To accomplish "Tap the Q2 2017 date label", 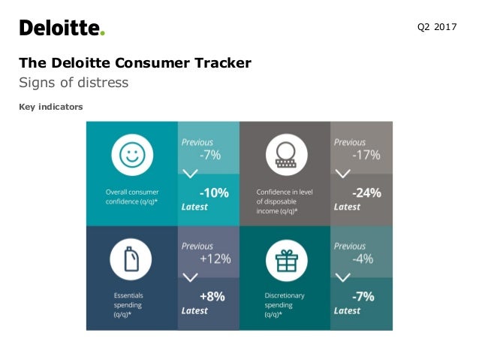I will [x=436, y=28].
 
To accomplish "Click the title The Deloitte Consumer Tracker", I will [x=135, y=63].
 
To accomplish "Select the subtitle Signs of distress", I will [x=74, y=83].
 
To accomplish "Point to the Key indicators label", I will [x=51, y=107].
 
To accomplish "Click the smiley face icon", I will [x=131, y=156].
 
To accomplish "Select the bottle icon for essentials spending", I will [x=131, y=261].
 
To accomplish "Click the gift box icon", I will [x=285, y=261].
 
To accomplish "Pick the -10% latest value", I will [x=214, y=192].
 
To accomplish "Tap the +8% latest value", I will [x=212, y=296].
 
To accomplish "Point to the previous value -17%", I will [x=366, y=155].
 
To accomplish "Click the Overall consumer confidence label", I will [x=132, y=197].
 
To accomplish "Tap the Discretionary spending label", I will [x=285, y=301].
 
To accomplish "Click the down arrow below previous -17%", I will [x=343, y=174].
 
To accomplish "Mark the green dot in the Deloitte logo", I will [x=103, y=33].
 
